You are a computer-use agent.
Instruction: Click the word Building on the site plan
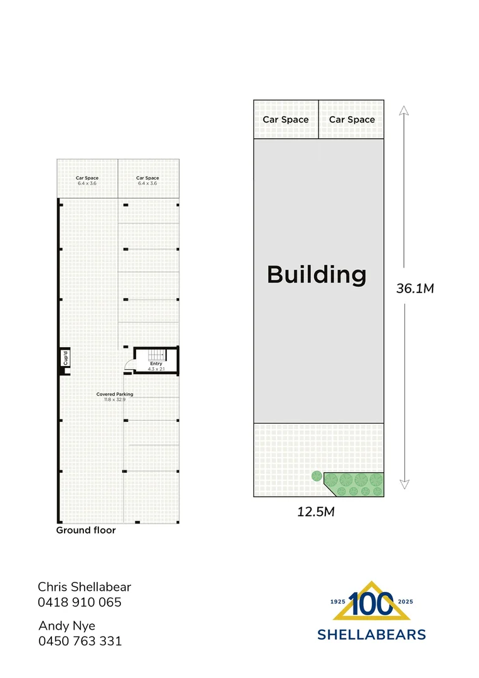pos(317,275)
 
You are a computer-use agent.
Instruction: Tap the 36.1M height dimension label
pos(415,288)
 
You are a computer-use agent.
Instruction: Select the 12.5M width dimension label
pos(316,512)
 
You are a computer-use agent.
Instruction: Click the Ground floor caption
pos(86,530)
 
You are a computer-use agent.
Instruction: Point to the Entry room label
pos(156,363)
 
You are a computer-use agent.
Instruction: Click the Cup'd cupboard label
pos(66,358)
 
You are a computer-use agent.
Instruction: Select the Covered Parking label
pos(115,394)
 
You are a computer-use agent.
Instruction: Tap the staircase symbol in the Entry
pos(157,355)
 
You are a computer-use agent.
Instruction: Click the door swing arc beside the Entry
pos(128,365)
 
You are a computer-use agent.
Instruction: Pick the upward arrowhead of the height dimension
pos(404,110)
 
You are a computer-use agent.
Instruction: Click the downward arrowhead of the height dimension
pos(404,484)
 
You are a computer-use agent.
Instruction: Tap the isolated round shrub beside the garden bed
pos(317,476)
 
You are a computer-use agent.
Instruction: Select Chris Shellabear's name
pos(84,587)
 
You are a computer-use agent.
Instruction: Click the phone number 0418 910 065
pos(80,602)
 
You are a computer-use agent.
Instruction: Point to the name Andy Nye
pos(67,626)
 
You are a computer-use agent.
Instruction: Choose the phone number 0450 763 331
pos(80,641)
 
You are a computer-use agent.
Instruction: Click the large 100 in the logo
pos(371,604)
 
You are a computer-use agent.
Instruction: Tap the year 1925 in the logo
pos(338,601)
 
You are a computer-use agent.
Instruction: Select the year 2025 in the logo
pos(406,601)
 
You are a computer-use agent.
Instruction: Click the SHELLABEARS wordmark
pos(371,635)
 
